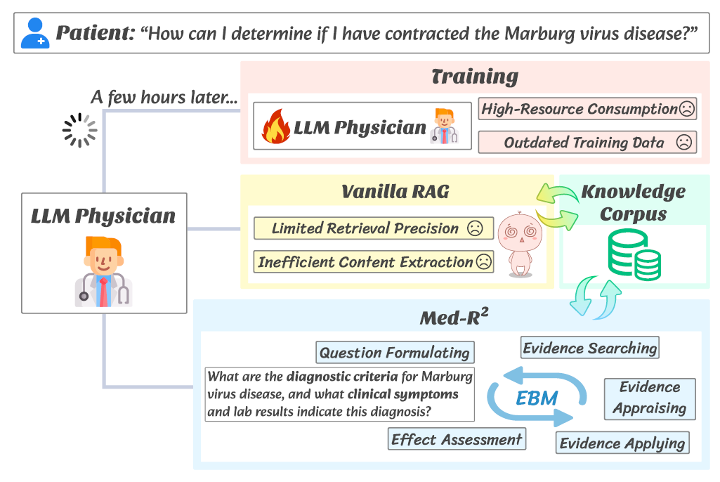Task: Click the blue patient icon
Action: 34,33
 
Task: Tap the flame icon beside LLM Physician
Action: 276,127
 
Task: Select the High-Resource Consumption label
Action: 587,109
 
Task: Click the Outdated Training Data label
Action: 587,143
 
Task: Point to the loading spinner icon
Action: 79,130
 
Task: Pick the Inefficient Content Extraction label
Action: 373,262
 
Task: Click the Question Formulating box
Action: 394,352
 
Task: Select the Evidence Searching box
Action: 590,348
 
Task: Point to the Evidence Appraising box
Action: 650,398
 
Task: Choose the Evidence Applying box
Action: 622,443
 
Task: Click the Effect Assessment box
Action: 457,440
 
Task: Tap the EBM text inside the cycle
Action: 537,398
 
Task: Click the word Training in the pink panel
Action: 475,77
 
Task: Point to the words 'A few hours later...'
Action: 164,98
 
